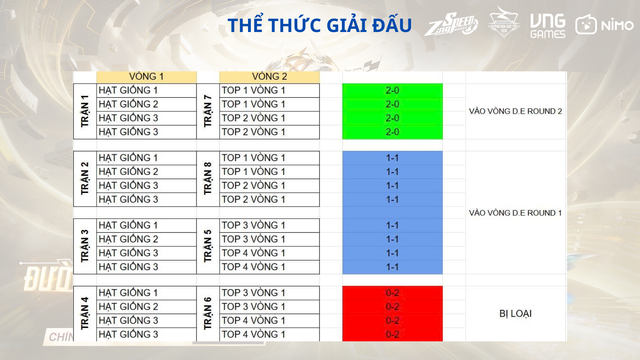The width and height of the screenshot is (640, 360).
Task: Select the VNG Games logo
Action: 548,26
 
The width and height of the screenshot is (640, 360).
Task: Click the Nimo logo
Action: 604,24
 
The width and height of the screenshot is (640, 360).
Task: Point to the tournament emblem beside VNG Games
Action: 504,21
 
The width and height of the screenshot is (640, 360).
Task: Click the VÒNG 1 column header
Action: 146,77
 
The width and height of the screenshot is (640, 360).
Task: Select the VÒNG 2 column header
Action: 269,77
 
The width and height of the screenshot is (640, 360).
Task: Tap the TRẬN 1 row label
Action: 85,111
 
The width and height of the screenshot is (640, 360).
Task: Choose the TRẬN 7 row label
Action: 208,111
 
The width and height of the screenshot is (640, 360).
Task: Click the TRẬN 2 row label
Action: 85,178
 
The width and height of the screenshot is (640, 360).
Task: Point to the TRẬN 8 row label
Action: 208,178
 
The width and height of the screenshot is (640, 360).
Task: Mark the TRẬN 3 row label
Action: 85,246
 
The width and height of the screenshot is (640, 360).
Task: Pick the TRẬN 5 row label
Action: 208,246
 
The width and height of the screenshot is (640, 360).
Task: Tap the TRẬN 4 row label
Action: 85,313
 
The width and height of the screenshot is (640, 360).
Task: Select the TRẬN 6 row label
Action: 208,313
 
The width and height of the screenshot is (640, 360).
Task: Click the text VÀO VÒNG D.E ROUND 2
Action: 515,111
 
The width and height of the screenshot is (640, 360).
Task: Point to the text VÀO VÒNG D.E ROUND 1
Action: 515,213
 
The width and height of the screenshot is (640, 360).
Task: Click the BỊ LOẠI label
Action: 515,314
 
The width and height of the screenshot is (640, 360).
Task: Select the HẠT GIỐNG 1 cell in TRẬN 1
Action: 146,90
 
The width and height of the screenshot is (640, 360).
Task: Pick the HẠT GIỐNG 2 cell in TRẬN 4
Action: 146,307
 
